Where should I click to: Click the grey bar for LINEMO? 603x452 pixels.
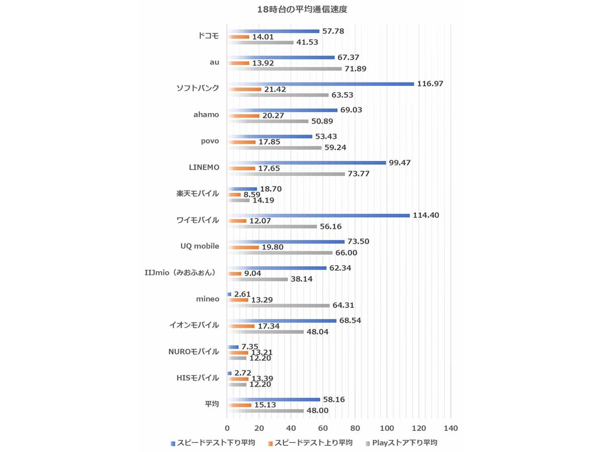point(286,174)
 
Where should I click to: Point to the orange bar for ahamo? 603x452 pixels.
point(244,116)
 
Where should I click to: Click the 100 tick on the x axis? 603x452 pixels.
point(387,428)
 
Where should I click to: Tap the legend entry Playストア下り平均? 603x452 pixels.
point(406,443)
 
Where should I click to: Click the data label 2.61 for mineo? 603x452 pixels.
point(242,294)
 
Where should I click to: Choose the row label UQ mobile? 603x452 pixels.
point(199,247)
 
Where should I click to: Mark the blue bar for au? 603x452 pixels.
point(281,57)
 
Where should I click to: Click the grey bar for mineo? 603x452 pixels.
point(279,305)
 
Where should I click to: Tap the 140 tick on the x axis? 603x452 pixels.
point(451,428)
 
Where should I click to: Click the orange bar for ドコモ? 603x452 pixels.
point(239,37)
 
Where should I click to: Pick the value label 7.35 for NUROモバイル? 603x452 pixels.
point(250,347)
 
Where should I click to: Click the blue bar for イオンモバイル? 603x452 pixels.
point(282,320)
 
